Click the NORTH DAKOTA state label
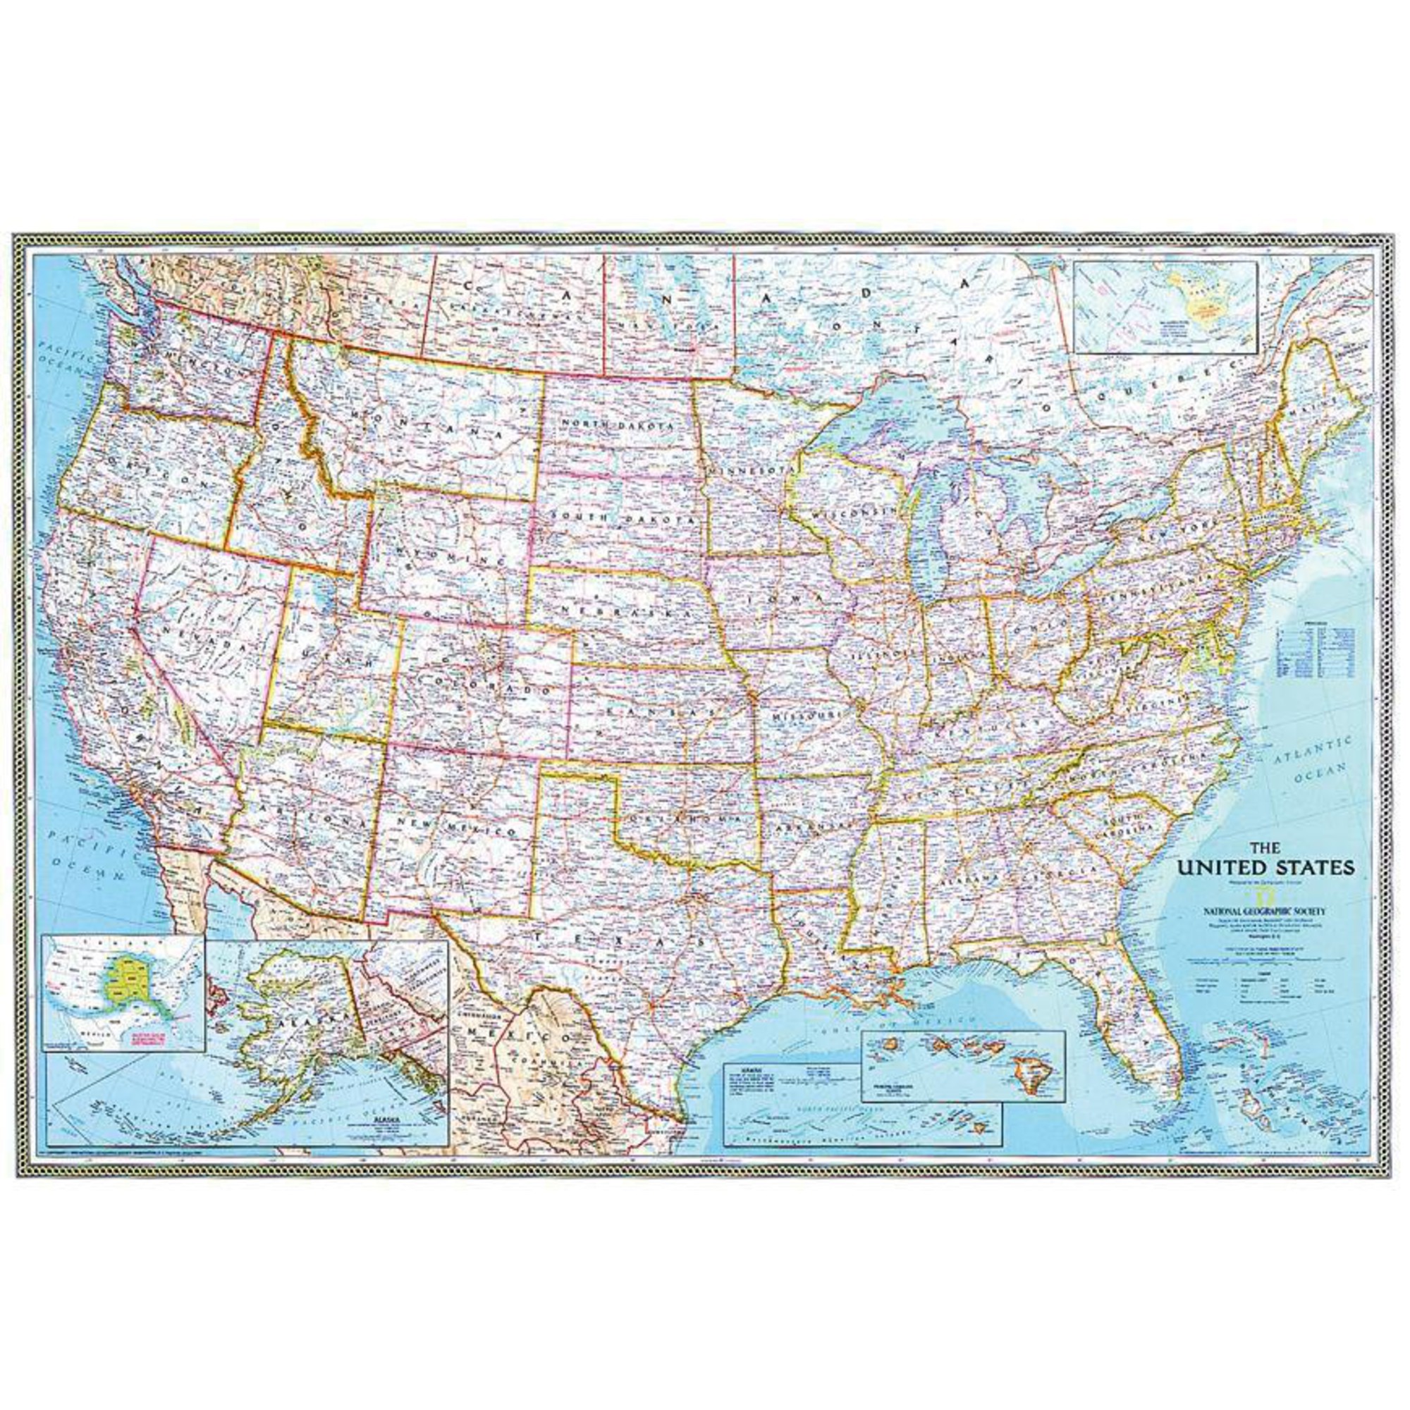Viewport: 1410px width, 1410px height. tap(618, 424)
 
